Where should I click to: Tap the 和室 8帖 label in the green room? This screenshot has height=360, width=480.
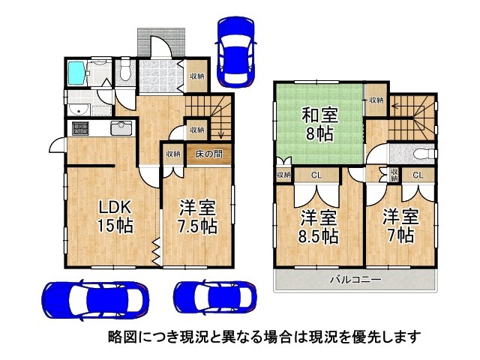320,124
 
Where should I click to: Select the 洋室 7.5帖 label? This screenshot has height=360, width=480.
198,216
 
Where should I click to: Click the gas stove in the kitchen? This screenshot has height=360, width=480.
80,128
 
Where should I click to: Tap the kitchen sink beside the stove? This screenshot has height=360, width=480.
121,128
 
